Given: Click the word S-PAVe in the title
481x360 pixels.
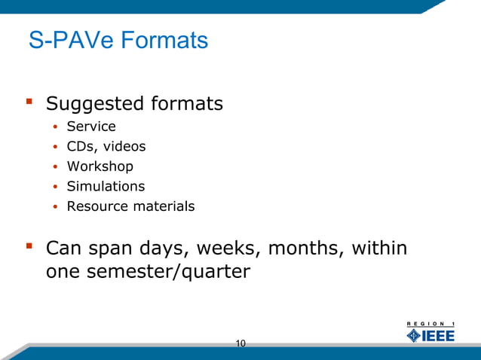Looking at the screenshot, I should tap(68, 41).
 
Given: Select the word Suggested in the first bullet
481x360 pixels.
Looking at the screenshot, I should tap(93, 103).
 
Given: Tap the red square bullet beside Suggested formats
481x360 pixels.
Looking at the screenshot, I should tap(29, 101).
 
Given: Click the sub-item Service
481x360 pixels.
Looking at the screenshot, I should tap(91, 127).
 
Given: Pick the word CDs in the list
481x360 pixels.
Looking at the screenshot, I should tap(79, 146).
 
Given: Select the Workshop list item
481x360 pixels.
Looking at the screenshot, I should tap(100, 166).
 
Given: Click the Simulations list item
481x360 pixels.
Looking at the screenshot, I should tap(106, 186).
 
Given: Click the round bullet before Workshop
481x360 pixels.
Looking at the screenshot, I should tap(55, 166).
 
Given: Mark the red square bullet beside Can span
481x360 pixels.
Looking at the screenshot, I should tap(29, 246).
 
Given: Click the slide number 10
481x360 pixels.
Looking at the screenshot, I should tap(240, 344).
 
